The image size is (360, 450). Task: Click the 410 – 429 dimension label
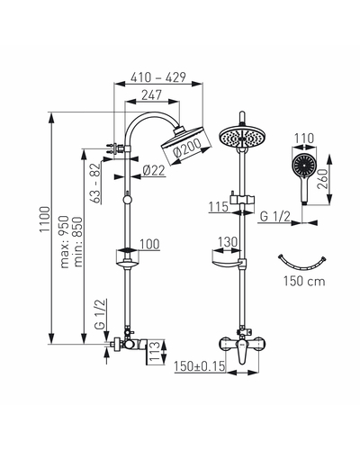(158, 77)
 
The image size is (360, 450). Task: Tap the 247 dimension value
(151, 95)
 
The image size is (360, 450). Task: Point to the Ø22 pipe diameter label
(154, 171)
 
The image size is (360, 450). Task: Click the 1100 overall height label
(45, 219)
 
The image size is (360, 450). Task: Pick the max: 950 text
(65, 241)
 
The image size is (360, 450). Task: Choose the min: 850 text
(78, 242)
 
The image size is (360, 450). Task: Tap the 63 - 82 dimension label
(95, 183)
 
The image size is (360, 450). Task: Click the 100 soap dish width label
(149, 244)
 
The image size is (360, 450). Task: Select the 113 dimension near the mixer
(155, 352)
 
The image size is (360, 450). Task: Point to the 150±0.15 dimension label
(200, 366)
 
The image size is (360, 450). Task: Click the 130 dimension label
(227, 242)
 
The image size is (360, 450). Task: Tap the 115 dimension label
(219, 207)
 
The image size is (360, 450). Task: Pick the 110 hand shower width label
(304, 139)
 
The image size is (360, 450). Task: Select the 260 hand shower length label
(323, 179)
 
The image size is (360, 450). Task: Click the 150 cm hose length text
(304, 282)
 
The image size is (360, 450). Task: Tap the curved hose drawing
(302, 265)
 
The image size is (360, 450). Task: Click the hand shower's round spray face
(304, 165)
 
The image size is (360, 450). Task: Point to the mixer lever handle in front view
(242, 352)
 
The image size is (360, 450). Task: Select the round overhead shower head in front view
(242, 138)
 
